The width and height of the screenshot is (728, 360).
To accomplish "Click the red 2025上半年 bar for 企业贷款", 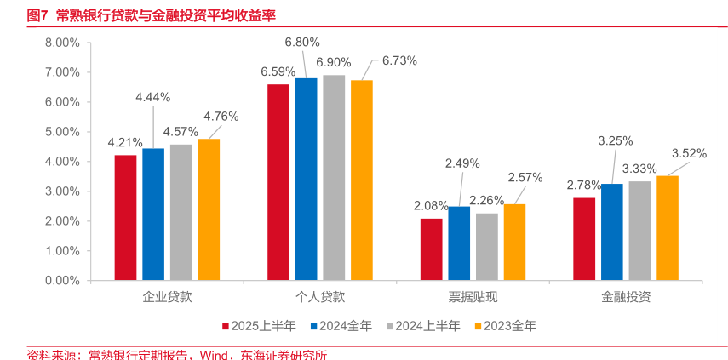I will click(x=125, y=218).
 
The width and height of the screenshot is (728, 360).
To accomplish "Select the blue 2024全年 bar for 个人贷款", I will click(x=307, y=180).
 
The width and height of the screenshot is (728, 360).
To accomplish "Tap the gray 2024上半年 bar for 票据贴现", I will click(x=486, y=247).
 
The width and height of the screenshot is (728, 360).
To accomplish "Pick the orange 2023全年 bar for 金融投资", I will click(x=667, y=228).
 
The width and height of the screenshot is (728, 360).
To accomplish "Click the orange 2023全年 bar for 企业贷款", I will click(x=209, y=209).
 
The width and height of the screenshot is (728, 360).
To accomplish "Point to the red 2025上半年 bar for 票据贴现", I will click(x=431, y=249).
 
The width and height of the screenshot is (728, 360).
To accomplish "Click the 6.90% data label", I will click(x=334, y=62).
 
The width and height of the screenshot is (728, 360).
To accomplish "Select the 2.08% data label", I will click(x=431, y=205).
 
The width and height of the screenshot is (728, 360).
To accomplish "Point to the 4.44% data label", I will click(x=153, y=97).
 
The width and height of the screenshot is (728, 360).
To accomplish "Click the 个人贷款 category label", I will click(x=320, y=298).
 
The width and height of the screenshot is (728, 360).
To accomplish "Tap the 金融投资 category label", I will click(x=626, y=298).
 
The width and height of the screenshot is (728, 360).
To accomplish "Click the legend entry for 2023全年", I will click(x=509, y=325).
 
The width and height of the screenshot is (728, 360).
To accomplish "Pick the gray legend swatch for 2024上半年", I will click(x=390, y=325).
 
